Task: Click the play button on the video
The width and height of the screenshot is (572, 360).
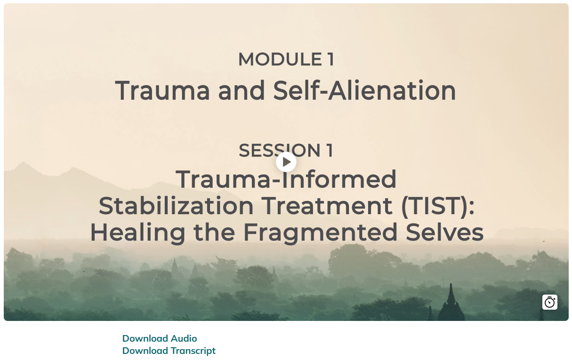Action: pyautogui.click(x=286, y=162)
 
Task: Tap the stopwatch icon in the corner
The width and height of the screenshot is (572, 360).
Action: pyautogui.click(x=550, y=302)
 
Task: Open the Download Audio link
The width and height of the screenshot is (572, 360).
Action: pyautogui.click(x=160, y=338)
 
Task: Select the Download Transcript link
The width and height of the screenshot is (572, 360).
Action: pyautogui.click(x=169, y=351)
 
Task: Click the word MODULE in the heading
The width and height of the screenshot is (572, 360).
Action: pyautogui.click(x=280, y=59)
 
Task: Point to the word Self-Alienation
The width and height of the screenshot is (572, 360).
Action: pyautogui.click(x=364, y=91)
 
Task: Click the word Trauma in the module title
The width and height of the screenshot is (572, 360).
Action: pyautogui.click(x=162, y=91)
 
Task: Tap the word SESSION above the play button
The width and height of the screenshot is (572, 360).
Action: pyautogui.click(x=279, y=151)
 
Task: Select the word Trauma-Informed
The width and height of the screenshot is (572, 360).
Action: pyautogui.click(x=286, y=179)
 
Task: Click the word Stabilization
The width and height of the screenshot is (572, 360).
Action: pyautogui.click(x=176, y=206)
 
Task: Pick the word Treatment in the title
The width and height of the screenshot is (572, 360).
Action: pyautogui.click(x=327, y=206)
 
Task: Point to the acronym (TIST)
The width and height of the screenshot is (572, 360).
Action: pyautogui.click(x=438, y=206)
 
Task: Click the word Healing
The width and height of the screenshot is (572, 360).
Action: pyautogui.click(x=137, y=233)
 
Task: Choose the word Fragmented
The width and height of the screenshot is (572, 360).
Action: pyautogui.click(x=320, y=233)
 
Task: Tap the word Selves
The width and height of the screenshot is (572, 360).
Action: pyautogui.click(x=444, y=232)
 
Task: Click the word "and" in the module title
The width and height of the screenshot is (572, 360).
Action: pyautogui.click(x=242, y=91)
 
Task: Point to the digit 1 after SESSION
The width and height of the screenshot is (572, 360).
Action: pyautogui.click(x=330, y=151)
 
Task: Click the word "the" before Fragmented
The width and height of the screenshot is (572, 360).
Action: pyautogui.click(x=214, y=232)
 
